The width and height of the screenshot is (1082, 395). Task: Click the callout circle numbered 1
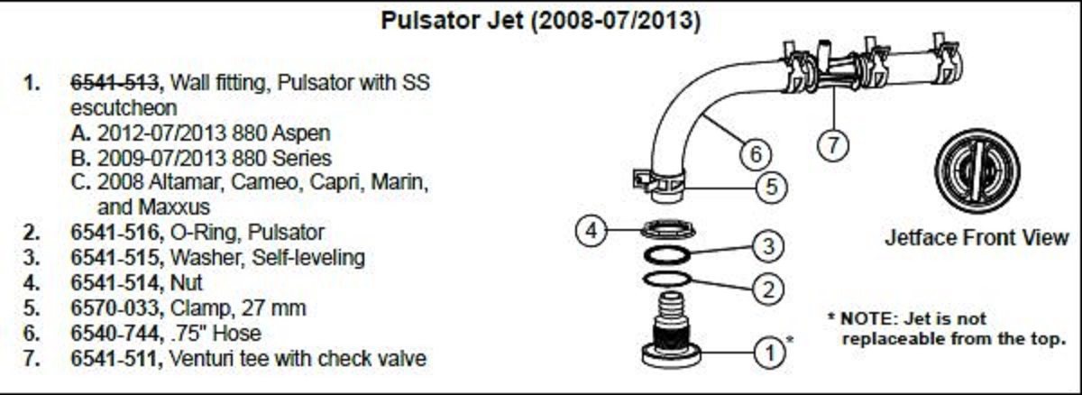(x=770, y=352)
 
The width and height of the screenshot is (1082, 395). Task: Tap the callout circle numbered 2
(x=768, y=289)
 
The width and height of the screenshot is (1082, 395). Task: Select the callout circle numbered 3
(x=768, y=246)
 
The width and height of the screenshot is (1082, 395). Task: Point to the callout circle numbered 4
(x=591, y=231)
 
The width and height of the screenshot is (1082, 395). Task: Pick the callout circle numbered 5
(x=772, y=187)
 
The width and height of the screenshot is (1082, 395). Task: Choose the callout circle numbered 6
(x=756, y=154)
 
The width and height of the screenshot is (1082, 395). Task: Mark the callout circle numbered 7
(x=833, y=145)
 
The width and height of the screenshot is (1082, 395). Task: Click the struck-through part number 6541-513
(x=115, y=83)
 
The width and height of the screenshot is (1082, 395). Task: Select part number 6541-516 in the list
(x=115, y=233)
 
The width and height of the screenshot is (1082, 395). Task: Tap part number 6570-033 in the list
(x=115, y=308)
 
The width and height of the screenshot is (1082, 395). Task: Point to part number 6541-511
(x=114, y=359)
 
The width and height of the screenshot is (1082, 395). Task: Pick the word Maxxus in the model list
(x=174, y=207)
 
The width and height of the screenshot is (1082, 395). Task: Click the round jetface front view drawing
(x=977, y=171)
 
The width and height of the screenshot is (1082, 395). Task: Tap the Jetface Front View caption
(x=977, y=238)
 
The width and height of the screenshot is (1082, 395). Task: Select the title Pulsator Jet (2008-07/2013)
(x=540, y=21)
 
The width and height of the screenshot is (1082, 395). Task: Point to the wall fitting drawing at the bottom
(x=671, y=331)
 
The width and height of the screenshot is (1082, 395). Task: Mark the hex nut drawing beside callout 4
(x=668, y=229)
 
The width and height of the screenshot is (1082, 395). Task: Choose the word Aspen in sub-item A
(x=301, y=133)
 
